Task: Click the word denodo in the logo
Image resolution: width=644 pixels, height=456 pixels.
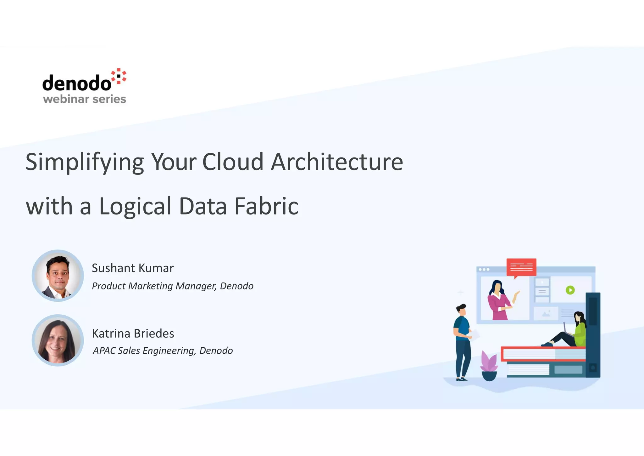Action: pos(76,83)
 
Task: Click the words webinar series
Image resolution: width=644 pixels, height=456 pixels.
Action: pos(84,99)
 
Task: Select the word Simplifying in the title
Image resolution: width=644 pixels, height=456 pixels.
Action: pos(85,162)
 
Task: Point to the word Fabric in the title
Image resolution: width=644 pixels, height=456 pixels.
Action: pos(266,206)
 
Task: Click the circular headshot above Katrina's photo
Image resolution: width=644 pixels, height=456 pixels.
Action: pos(58,276)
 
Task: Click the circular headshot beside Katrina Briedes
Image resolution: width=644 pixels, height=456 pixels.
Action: pos(58,340)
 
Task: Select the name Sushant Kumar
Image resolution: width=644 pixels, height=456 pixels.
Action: pos(132,268)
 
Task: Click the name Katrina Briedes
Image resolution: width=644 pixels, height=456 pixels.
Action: pos(133,333)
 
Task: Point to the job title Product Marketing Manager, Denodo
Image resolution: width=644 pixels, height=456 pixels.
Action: pos(172,286)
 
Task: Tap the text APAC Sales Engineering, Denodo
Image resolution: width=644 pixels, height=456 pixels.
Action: pos(163,351)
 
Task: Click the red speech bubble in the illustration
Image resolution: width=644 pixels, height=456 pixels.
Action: pos(521,267)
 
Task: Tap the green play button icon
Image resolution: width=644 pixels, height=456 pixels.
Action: pos(570,290)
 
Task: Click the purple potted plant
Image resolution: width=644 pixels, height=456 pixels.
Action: pos(489,366)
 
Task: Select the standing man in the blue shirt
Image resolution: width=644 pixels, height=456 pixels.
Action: pos(462,342)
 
